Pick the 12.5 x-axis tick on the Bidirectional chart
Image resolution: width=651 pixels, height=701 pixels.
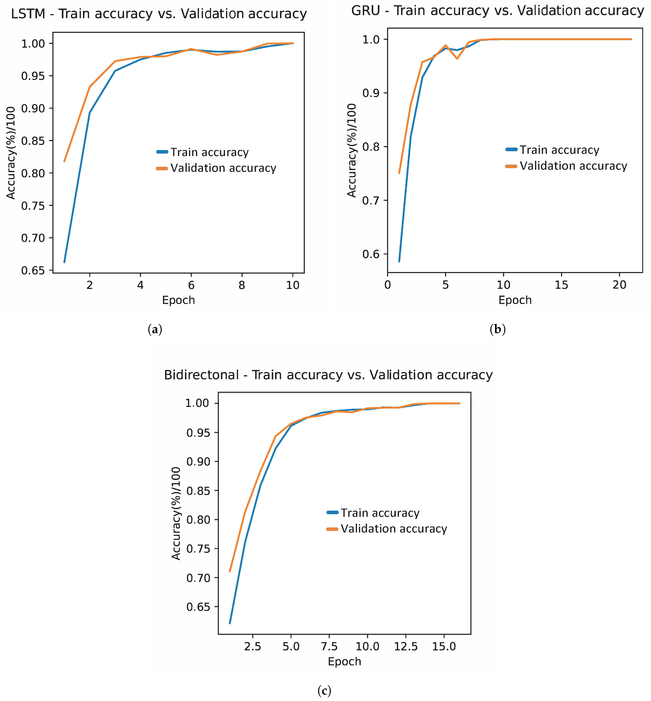pos(406,646)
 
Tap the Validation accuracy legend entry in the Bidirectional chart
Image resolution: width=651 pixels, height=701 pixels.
pos(394,529)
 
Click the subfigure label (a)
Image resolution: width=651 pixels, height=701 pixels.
pos(155,330)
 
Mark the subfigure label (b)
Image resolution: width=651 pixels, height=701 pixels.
pos(497,330)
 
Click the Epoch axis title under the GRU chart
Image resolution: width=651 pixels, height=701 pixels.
pos(515,300)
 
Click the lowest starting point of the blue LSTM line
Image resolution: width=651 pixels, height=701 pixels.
pos(64,262)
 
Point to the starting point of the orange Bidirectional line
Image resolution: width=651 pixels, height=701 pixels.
pos(230,571)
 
